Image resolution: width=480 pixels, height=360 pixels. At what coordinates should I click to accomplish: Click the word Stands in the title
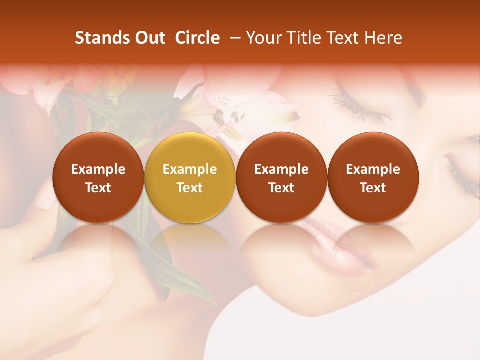[x=98, y=38]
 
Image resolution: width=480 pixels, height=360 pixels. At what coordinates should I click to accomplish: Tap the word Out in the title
[x=149, y=38]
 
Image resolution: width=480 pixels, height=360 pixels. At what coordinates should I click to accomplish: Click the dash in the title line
[x=233, y=38]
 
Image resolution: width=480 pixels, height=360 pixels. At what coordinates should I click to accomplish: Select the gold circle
[x=190, y=177]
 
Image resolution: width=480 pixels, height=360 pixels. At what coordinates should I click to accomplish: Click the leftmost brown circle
[x=98, y=177]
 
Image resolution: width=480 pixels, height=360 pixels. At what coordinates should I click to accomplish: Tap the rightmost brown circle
[x=373, y=177]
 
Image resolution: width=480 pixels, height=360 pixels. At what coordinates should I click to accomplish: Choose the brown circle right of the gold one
[x=281, y=177]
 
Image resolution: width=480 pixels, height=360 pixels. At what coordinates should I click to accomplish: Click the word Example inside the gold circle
[x=190, y=169]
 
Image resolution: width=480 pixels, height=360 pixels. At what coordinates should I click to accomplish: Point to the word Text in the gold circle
[x=190, y=188]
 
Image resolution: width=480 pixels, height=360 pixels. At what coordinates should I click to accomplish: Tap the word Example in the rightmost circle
[x=373, y=169]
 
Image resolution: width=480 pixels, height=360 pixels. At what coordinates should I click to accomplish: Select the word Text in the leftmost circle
[x=98, y=188]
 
